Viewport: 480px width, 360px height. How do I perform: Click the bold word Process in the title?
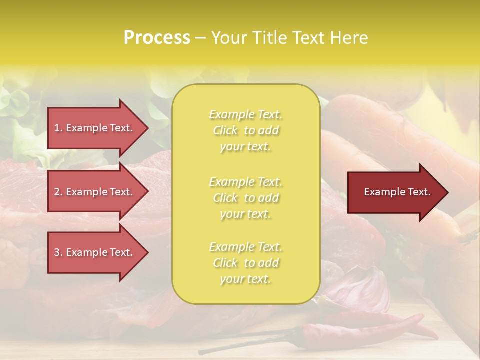click(157, 38)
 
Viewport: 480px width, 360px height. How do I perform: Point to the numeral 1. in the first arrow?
click(58, 128)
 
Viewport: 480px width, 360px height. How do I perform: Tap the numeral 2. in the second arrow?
click(58, 192)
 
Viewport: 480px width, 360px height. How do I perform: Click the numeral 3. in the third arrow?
click(58, 252)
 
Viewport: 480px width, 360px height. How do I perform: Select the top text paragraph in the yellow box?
click(245, 130)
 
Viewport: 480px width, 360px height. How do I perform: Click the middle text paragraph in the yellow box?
click(245, 198)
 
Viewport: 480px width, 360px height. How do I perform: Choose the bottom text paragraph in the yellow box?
click(245, 263)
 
